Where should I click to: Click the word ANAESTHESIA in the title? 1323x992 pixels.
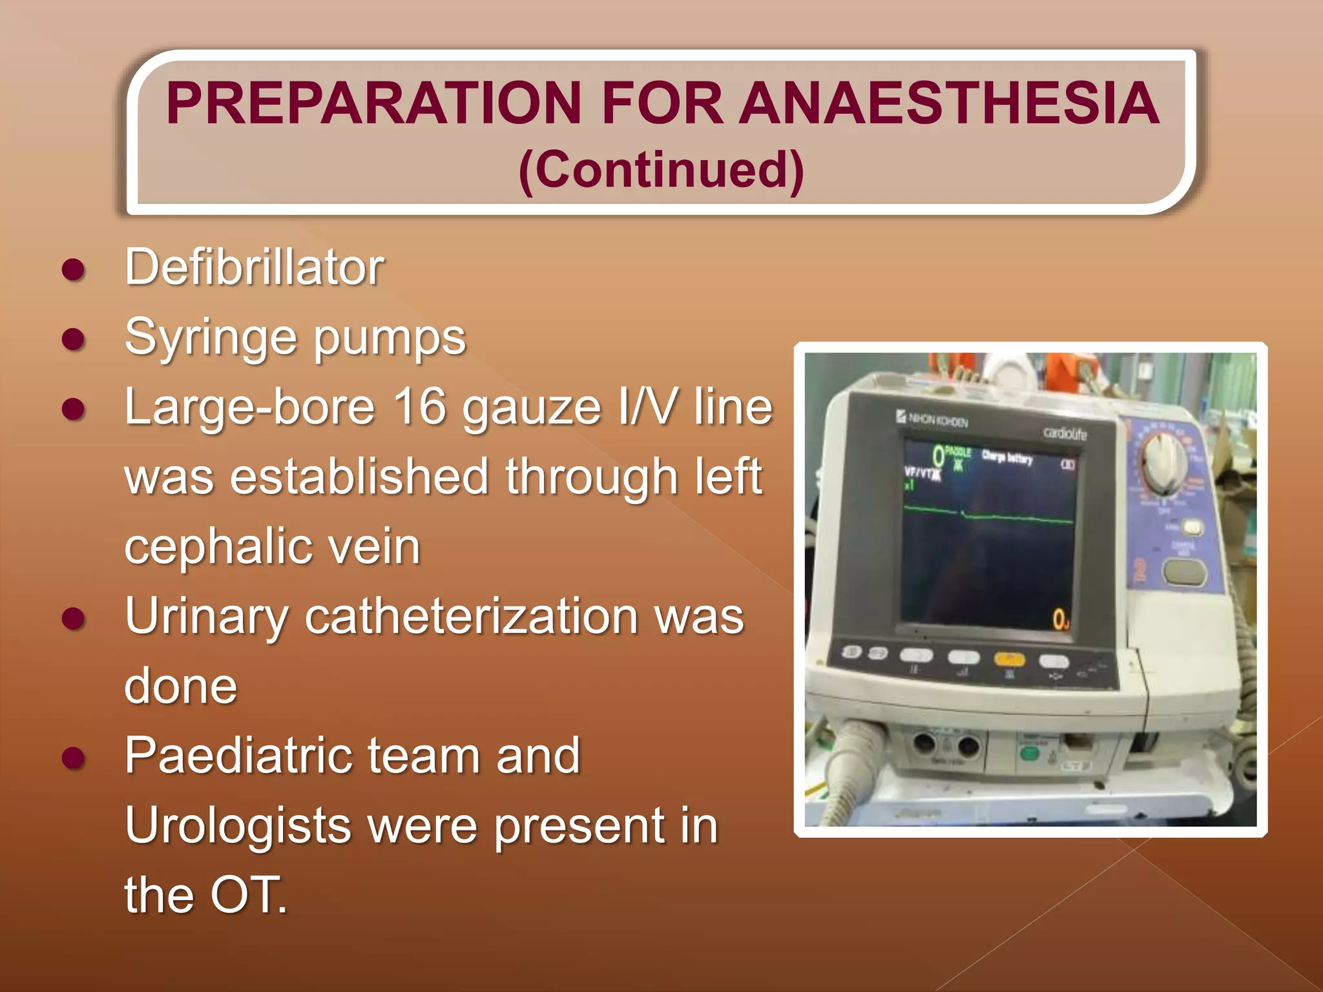click(x=949, y=103)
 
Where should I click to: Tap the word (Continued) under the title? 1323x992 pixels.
click(x=661, y=169)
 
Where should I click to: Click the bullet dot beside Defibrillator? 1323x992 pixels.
click(x=74, y=269)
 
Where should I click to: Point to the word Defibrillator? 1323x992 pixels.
click(x=255, y=267)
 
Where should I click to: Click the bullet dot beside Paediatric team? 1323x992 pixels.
click(x=74, y=758)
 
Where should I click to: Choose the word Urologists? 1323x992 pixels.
click(x=237, y=827)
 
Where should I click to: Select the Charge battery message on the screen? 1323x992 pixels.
click(x=1007, y=458)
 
